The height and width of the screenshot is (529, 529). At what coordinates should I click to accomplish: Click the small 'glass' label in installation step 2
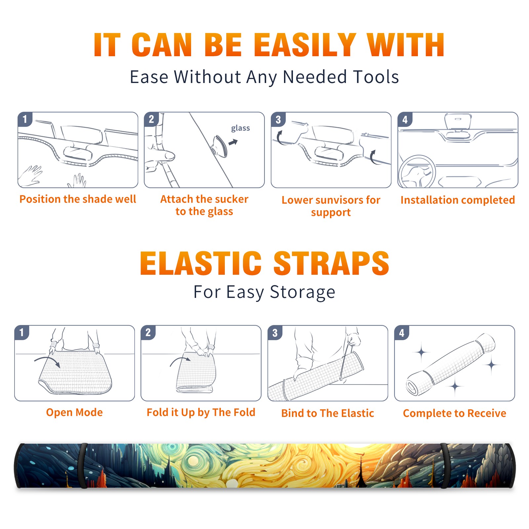coord(240,128)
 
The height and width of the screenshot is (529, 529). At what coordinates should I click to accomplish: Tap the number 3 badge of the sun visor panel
coord(278,119)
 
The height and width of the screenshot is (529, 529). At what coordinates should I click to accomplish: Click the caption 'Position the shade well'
coord(78,199)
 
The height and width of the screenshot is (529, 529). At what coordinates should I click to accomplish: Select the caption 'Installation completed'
coord(458,200)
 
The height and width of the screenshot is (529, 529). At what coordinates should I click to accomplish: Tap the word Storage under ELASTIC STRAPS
coord(303,293)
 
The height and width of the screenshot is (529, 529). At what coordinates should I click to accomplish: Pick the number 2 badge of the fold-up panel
coord(148,332)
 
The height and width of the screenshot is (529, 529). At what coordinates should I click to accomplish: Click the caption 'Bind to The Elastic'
coord(328,413)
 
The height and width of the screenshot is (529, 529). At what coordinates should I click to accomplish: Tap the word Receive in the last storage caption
coord(487,413)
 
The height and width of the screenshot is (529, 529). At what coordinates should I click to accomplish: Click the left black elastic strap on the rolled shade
coord(83,466)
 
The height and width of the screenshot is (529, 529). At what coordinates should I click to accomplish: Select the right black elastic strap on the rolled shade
coord(445,466)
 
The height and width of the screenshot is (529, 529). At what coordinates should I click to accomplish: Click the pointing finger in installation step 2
coord(160,155)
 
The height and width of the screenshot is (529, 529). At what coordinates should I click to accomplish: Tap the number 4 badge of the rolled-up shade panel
coord(402,333)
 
